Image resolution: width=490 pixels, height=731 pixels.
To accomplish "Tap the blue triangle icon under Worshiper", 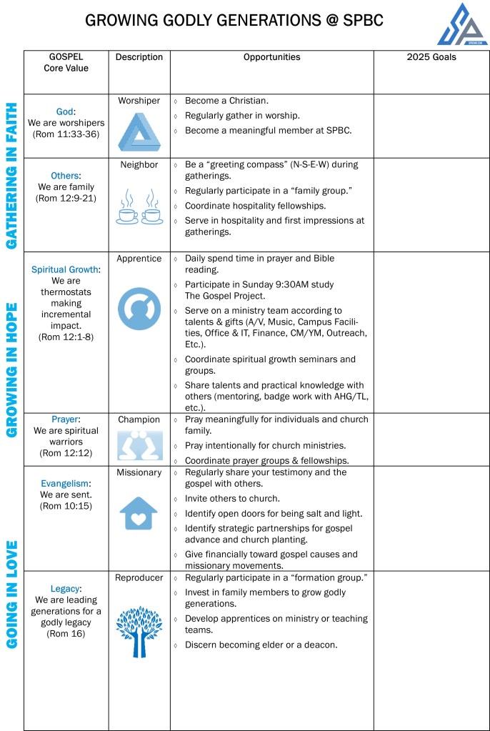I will coord(139,131).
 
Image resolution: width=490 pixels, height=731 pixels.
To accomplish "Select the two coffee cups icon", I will coord(139,208).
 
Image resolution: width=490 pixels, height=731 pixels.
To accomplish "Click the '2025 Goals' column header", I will coord(431,57).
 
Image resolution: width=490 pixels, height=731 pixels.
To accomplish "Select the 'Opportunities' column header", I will coord(271,57).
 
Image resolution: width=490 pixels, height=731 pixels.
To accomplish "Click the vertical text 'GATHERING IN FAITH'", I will coord(12,176).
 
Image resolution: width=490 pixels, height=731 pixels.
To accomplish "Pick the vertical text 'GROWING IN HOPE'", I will coord(12,369).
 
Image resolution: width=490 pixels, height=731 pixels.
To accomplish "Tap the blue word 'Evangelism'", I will coord(65,483).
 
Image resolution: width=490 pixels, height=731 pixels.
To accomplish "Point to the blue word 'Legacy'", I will coord(65,589).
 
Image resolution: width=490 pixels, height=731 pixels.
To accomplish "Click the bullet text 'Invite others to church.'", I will coord(233,499).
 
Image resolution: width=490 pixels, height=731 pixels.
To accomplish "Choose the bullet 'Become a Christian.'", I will coord(226,101).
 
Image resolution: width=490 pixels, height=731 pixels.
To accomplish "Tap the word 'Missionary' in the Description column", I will coord(139,472).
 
